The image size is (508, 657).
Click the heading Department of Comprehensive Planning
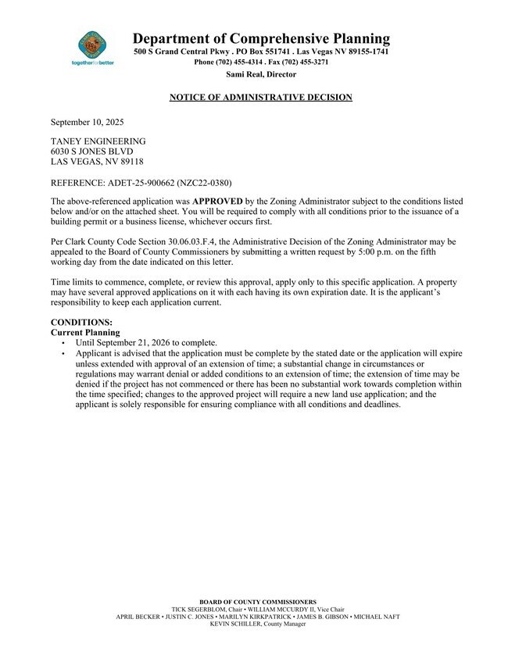pyautogui.click(x=261, y=38)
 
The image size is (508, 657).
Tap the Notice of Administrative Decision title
pyautogui.click(x=261, y=98)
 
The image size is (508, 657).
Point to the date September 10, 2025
pyautogui.click(x=87, y=123)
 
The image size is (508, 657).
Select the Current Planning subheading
pyautogui.click(x=85, y=333)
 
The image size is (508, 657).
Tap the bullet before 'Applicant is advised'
pyautogui.click(x=63, y=354)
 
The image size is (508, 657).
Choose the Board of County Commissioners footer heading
pyautogui.click(x=258, y=602)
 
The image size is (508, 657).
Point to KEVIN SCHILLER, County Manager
pyautogui.click(x=258, y=624)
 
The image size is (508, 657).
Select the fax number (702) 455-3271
pyautogui.click(x=300, y=62)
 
